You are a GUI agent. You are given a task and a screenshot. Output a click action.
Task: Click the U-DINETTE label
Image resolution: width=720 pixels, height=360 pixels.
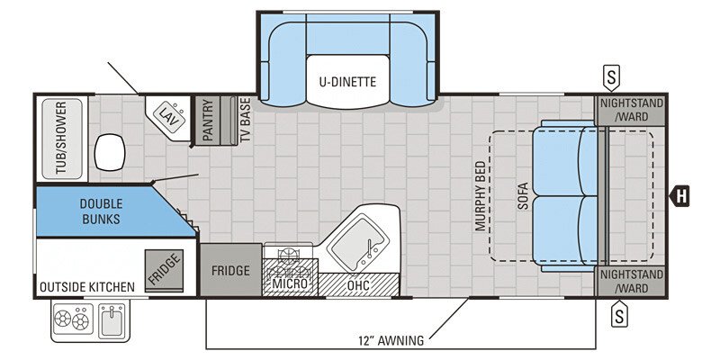tap(346, 83)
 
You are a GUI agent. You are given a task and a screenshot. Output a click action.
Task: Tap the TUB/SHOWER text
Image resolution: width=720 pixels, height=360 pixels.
tap(61, 139)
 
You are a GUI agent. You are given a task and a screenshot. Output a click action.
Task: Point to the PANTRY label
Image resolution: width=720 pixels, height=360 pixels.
tap(206, 121)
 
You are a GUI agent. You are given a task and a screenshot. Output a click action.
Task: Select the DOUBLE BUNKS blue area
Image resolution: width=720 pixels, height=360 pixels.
tap(100, 211)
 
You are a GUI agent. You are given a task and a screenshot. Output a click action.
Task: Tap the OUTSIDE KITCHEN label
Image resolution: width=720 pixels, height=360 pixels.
tap(86, 287)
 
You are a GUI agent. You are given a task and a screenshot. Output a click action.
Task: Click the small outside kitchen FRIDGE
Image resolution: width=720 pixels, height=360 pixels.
tap(164, 269)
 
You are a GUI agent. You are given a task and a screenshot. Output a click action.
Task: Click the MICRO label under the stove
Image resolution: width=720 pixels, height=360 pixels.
tap(290, 283)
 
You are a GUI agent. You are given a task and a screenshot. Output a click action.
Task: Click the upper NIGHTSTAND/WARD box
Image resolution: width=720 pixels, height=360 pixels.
tap(632, 109)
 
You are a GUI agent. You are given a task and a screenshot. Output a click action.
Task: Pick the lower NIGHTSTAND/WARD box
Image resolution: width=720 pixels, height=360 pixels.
tap(632, 282)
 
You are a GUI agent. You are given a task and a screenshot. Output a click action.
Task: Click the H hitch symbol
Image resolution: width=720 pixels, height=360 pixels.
tap(681, 194)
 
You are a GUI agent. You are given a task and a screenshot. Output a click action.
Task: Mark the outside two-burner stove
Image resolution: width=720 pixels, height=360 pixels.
tap(72, 319)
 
